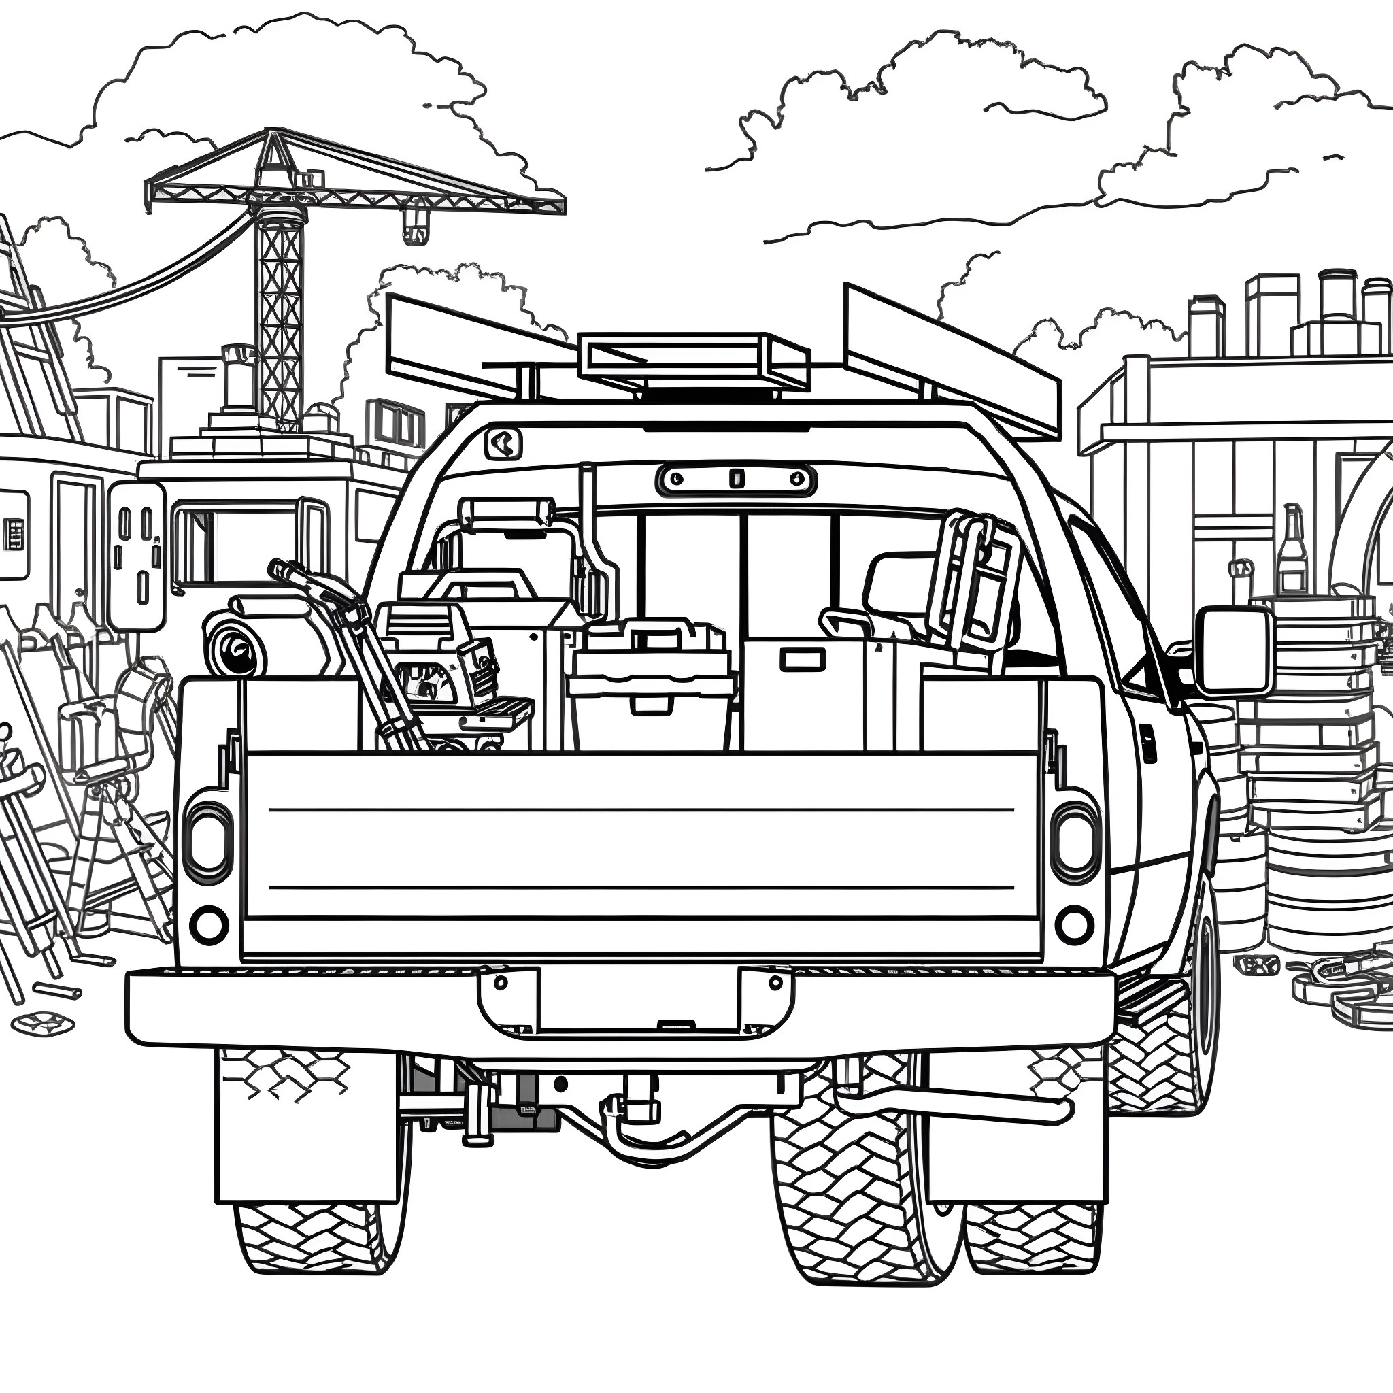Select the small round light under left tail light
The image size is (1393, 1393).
(x=208, y=924)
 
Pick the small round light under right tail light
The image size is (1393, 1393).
(x=1074, y=924)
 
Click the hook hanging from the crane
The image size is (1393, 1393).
(x=412, y=224)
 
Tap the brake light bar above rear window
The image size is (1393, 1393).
(x=736, y=478)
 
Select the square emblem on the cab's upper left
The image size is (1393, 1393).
(x=503, y=444)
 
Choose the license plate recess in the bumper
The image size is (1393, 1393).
(x=637, y=998)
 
